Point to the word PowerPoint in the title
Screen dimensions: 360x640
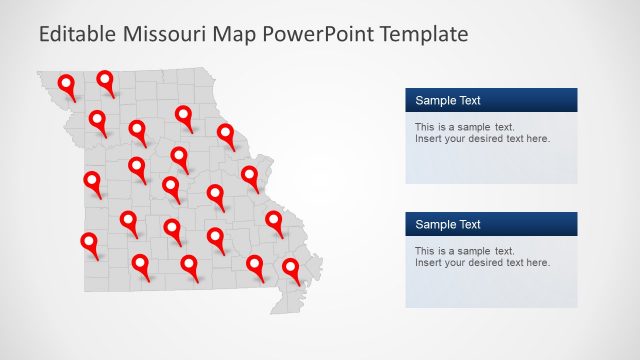pyautogui.click(x=313, y=35)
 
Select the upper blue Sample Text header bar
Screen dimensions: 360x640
pyautogui.click(x=491, y=100)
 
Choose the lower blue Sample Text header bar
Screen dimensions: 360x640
pyautogui.click(x=491, y=224)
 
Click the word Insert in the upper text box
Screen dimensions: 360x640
pyautogui.click(x=428, y=139)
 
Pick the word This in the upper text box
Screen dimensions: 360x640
pyautogui.click(x=425, y=127)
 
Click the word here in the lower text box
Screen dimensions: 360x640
pyautogui.click(x=537, y=263)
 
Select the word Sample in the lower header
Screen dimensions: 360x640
pyautogui.click(x=434, y=224)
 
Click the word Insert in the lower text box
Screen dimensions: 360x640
pyautogui.click(x=428, y=263)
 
